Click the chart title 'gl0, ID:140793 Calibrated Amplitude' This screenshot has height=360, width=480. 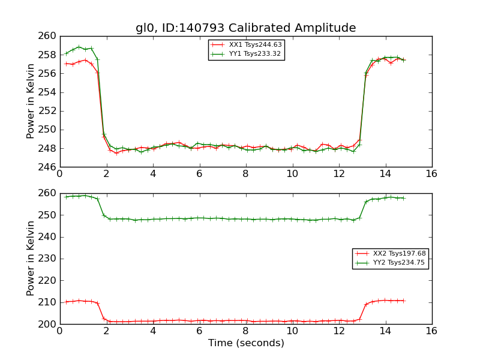(x=245, y=28)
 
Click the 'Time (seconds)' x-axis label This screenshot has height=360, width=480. (x=246, y=343)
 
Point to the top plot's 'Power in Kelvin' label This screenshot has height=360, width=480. (x=31, y=101)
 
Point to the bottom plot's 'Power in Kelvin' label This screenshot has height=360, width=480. (x=31, y=258)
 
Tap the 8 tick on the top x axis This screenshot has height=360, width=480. (x=245, y=174)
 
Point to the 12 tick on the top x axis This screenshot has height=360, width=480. (x=338, y=174)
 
